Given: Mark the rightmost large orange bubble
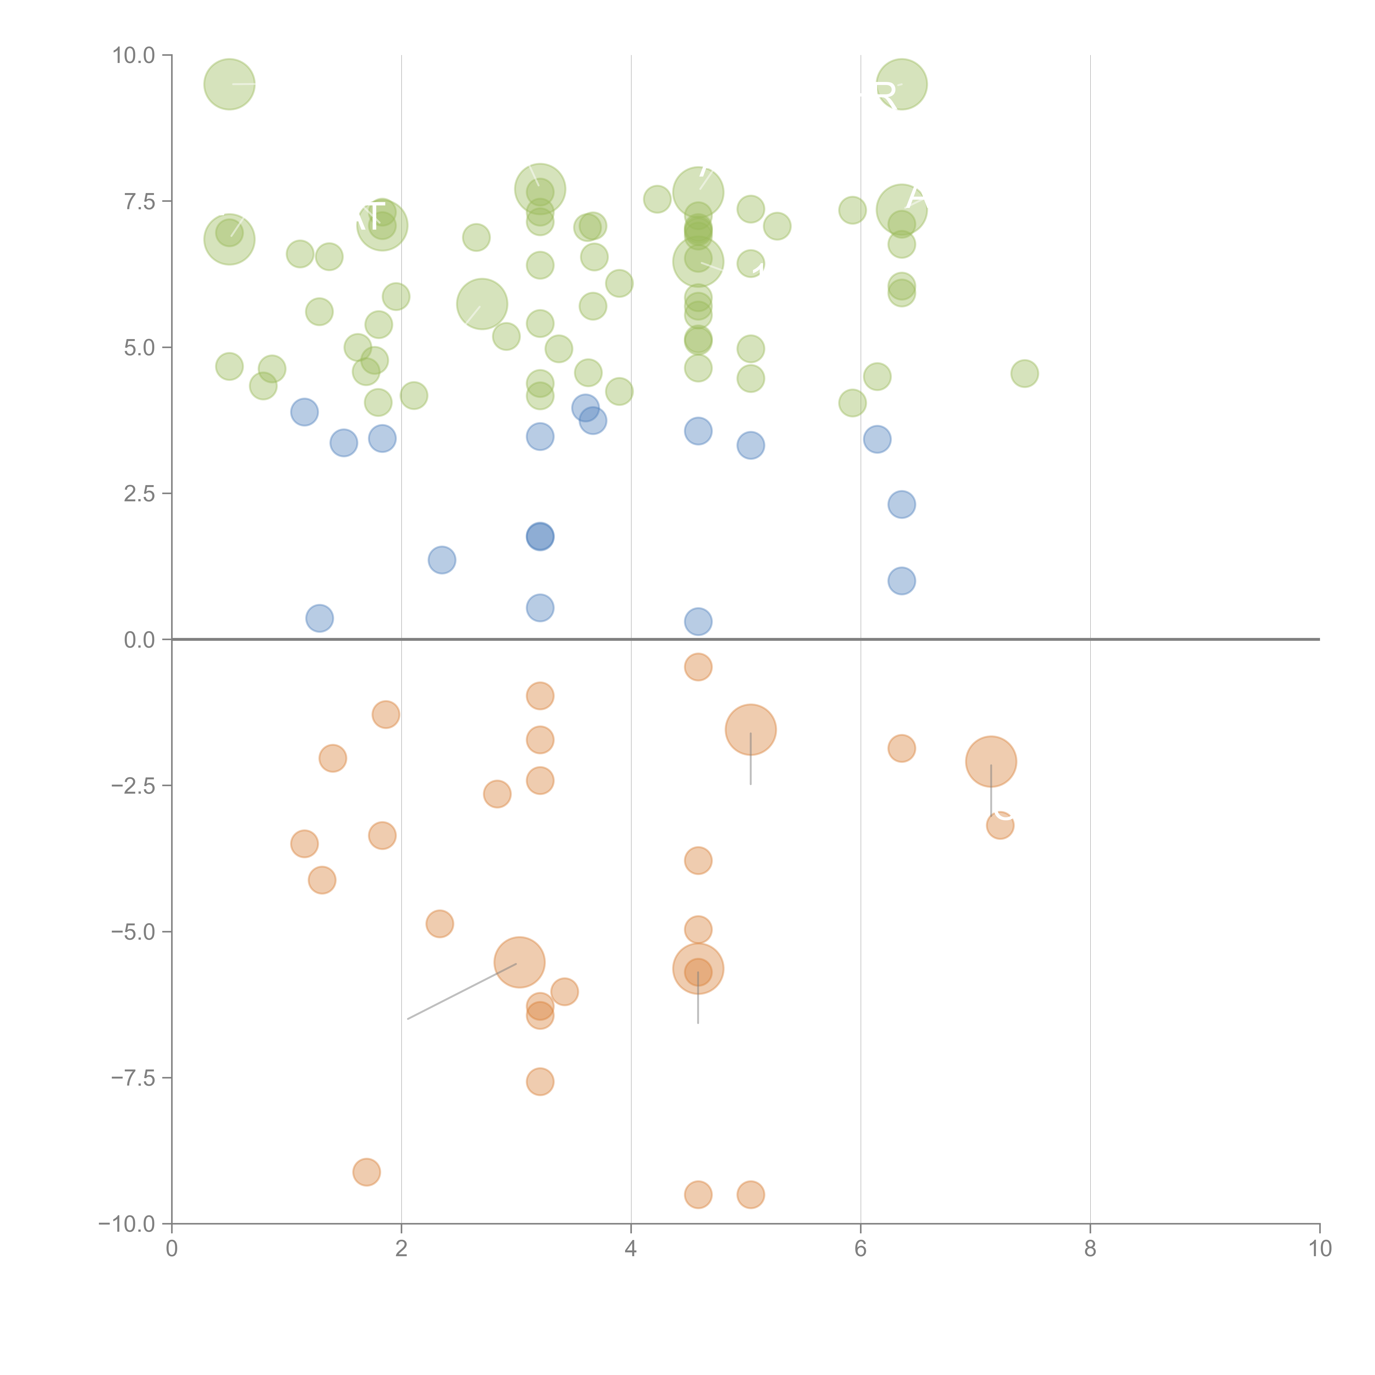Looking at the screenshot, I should click(x=991, y=761).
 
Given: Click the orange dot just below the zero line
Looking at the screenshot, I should click(x=698, y=667).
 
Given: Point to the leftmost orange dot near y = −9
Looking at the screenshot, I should click(x=367, y=1172).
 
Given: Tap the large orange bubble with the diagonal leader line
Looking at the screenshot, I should click(x=519, y=963).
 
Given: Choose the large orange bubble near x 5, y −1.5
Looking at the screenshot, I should click(x=751, y=730).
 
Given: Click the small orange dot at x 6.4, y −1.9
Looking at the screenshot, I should click(x=902, y=748).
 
